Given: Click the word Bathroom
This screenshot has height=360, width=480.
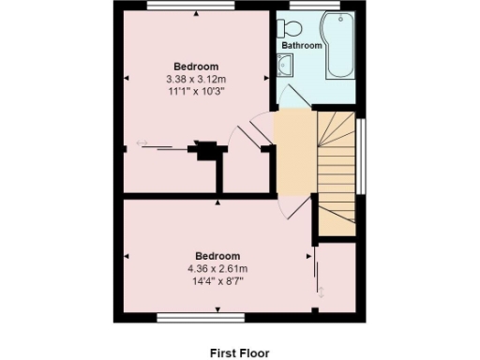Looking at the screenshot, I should pyautogui.click(x=302, y=45).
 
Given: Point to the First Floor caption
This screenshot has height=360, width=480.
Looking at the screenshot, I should pyautogui.click(x=238, y=352).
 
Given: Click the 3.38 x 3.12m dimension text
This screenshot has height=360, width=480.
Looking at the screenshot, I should pyautogui.click(x=196, y=79).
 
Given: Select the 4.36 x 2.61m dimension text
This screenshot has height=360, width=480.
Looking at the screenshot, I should pyautogui.click(x=217, y=267).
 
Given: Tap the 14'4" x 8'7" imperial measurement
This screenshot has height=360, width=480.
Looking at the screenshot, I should pyautogui.click(x=217, y=279).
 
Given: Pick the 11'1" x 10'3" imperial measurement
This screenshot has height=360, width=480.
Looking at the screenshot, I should pyautogui.click(x=196, y=91).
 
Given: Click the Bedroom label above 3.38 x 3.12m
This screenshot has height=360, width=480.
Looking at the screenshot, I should pyautogui.click(x=196, y=67).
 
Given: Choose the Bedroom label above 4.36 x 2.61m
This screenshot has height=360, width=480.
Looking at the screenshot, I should pyautogui.click(x=217, y=255).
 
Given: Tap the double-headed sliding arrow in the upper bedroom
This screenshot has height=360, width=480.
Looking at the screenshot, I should pyautogui.click(x=142, y=142).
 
